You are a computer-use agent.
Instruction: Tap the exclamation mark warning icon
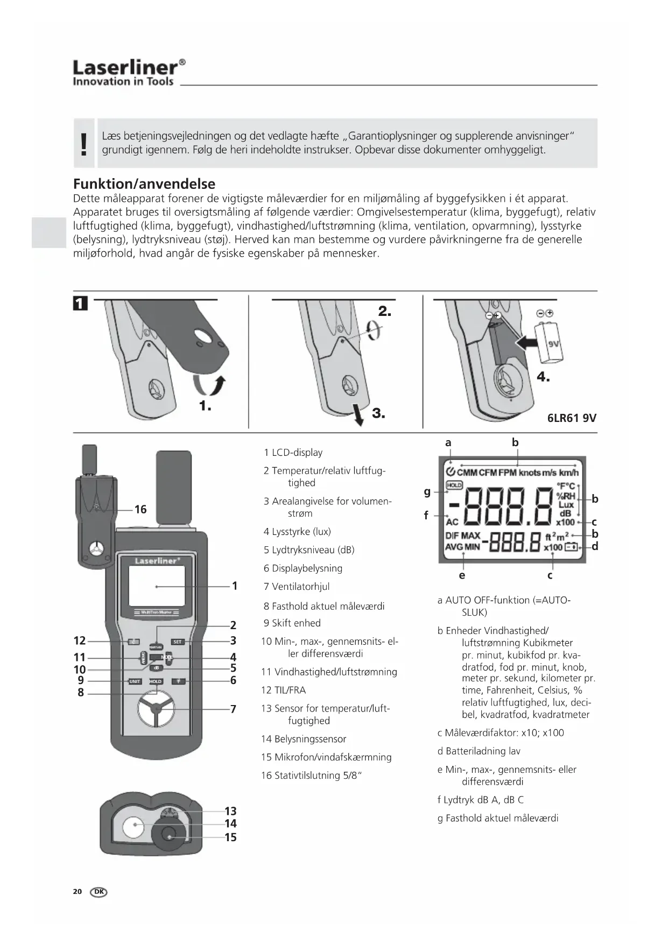click(83, 144)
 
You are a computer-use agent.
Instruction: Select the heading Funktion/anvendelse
click(144, 184)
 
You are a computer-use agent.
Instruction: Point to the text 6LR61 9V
click(572, 418)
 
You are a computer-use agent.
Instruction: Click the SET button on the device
click(178, 642)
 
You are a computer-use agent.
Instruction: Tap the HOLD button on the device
click(156, 681)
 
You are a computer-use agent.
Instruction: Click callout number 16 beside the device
click(140, 509)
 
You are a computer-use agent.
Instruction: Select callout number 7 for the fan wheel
click(233, 709)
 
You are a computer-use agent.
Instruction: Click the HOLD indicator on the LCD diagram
click(454, 485)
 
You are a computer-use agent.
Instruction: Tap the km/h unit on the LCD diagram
click(568, 473)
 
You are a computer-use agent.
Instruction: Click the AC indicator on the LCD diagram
click(452, 522)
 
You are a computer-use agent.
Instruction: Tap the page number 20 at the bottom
click(78, 892)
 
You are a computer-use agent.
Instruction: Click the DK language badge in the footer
click(99, 892)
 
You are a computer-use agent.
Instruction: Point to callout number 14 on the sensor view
click(230, 823)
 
